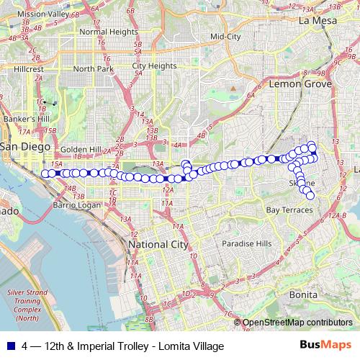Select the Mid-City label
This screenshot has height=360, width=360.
click(x=225, y=36)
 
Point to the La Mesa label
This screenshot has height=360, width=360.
click(x=318, y=21)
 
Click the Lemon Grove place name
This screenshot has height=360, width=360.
click(x=300, y=84)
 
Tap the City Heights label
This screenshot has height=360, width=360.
click(x=154, y=66)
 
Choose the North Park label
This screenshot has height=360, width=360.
click(x=94, y=68)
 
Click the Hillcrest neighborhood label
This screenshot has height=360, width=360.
click(x=30, y=69)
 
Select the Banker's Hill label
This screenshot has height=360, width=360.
click(x=26, y=118)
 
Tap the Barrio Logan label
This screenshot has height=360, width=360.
click(x=77, y=205)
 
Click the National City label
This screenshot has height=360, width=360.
click(x=158, y=245)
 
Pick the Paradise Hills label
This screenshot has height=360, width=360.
click(x=247, y=243)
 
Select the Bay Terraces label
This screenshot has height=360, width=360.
click(x=289, y=210)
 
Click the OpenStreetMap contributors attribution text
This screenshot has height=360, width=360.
click(x=297, y=323)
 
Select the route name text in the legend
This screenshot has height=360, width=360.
click(x=123, y=346)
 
